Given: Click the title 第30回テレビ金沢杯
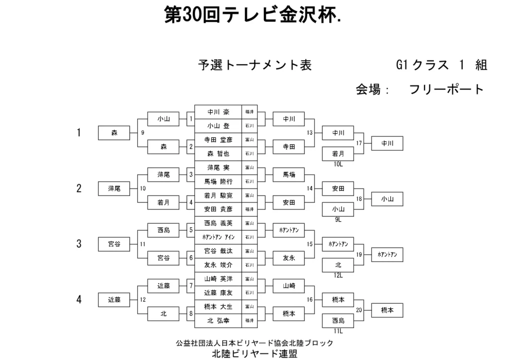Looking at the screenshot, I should point(253,15).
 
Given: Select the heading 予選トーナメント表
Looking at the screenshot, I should point(255,65).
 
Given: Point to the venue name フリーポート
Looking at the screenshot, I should point(446,90).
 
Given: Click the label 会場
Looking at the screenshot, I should point(368,90).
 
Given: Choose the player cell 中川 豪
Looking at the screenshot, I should point(218,112).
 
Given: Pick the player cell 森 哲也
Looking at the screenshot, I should point(218,154).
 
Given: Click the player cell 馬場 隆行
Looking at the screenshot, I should point(218,181).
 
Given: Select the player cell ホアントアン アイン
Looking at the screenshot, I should point(218,237).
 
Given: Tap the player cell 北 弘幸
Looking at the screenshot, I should point(218,321).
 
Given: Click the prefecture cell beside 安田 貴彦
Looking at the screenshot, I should point(250,209).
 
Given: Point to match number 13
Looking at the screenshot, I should point(310,133).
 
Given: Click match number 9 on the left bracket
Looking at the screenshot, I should point(143,133).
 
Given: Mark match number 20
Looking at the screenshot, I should point(359,310).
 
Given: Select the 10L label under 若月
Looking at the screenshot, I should point(338,164).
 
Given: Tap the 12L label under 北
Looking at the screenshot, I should point(338,275).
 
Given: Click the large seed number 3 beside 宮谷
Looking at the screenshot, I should point(79,244).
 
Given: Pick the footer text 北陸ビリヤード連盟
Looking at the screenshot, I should point(254,354).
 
